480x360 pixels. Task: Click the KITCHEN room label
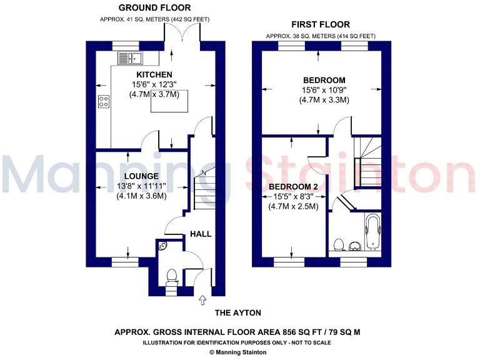coord(154,75)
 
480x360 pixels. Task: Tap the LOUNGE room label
coord(141,176)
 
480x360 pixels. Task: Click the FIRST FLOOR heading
coord(321,24)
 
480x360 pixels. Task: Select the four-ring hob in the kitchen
coord(104,101)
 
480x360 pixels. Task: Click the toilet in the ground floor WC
coord(172,276)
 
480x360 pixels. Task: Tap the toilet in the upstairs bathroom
coord(339,244)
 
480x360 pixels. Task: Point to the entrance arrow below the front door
coord(202,302)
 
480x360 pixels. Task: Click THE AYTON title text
coord(237,312)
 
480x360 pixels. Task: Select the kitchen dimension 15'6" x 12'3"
coord(154,85)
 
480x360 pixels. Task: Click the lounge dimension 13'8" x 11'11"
coord(141,186)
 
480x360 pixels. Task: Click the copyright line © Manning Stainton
coord(237,352)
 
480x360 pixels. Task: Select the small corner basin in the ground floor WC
coord(162,246)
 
